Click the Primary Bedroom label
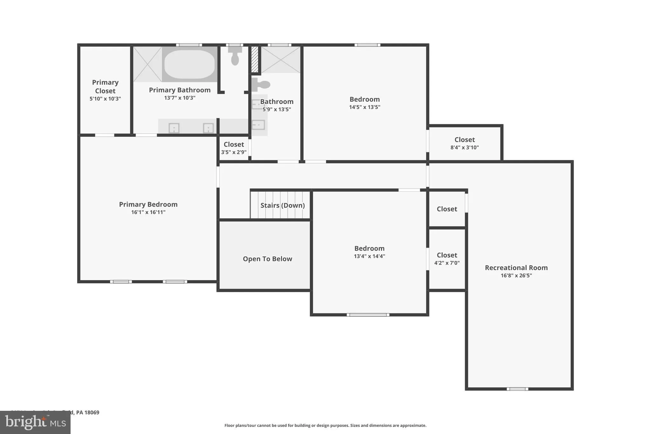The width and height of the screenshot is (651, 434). pyautogui.click(x=148, y=204)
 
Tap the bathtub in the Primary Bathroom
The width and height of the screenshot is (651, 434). pyautogui.click(x=189, y=64)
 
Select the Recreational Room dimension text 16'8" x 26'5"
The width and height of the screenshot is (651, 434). pyautogui.click(x=516, y=276)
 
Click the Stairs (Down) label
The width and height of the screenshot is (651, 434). pyautogui.click(x=283, y=205)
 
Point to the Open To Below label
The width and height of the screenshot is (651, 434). pyautogui.click(x=267, y=259)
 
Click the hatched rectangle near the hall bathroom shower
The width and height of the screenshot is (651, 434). pyautogui.click(x=255, y=59)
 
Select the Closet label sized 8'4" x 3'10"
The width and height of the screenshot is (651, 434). pyautogui.click(x=464, y=140)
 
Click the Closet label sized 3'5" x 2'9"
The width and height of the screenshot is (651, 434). pyautogui.click(x=234, y=144)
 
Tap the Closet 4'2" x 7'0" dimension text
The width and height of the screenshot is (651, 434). pyautogui.click(x=447, y=263)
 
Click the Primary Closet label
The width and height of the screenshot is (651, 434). pyautogui.click(x=105, y=86)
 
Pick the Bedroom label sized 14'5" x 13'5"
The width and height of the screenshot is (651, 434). pyautogui.click(x=365, y=100)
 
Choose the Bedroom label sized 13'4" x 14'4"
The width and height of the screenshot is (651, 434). pyautogui.click(x=369, y=248)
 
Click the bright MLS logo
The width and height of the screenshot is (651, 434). pyautogui.click(x=35, y=422)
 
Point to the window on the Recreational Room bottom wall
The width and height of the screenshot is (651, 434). pyautogui.click(x=517, y=389)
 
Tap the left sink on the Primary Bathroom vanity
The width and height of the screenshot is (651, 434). pyautogui.click(x=174, y=128)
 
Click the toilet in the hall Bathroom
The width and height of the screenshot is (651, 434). pyautogui.click(x=261, y=85)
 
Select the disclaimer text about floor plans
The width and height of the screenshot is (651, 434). pyautogui.click(x=325, y=425)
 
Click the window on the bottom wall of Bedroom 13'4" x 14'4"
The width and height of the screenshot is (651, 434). pyautogui.click(x=368, y=315)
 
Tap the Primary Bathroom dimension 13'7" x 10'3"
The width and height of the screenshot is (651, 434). pyautogui.click(x=180, y=98)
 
